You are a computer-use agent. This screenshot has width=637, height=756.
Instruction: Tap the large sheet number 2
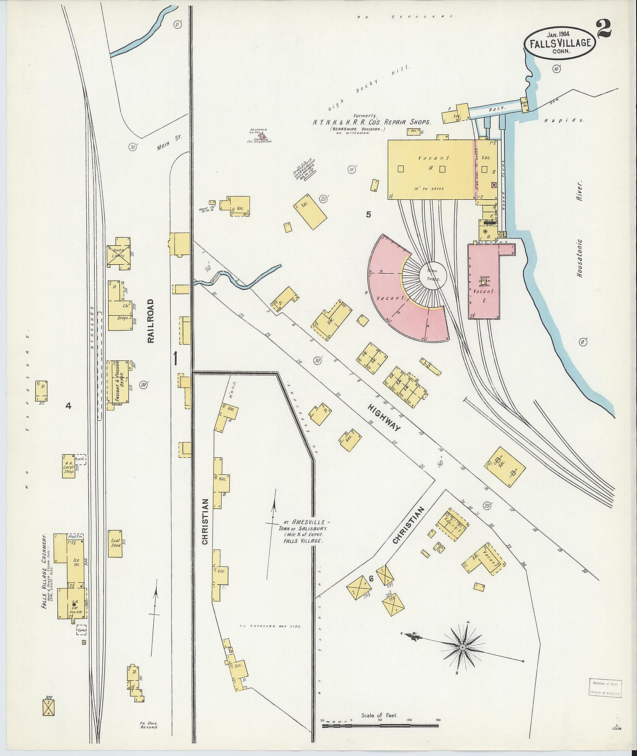click(x=603, y=29)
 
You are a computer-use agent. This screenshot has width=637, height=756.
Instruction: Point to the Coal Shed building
click(x=115, y=544)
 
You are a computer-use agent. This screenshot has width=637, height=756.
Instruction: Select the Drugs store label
click(x=123, y=317)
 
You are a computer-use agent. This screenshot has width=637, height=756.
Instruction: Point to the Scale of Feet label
click(x=379, y=715)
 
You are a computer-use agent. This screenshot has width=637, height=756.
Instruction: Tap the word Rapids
click(x=564, y=120)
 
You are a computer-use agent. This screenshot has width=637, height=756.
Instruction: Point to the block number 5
click(x=368, y=215)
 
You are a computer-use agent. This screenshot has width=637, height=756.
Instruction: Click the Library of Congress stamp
click(x=605, y=688)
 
